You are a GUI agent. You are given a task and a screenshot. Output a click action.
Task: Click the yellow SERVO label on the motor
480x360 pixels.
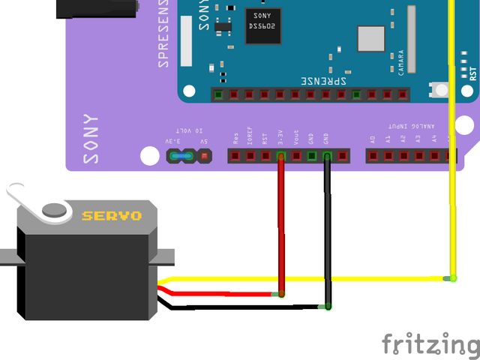pyautogui.click(x=112, y=216)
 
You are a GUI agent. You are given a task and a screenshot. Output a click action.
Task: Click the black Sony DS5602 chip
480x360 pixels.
pyautogui.click(x=262, y=26)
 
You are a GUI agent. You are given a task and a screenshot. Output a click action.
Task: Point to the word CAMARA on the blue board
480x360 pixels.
pyautogui.click(x=402, y=60)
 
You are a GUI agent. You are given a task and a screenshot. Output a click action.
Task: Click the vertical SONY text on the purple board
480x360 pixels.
pyautogui.click(x=91, y=139)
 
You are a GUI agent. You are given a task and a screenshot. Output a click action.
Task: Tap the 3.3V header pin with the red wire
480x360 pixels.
pyautogui.click(x=281, y=156)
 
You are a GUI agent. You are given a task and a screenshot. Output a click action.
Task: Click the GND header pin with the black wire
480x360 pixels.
pyautogui.click(x=327, y=156)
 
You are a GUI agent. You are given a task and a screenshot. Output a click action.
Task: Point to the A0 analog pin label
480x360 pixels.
pyautogui.click(x=373, y=139)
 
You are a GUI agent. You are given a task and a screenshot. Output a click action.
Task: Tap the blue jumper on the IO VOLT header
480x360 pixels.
pyautogui.click(x=178, y=156)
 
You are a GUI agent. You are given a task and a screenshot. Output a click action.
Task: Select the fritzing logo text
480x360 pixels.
pyautogui.click(x=430, y=344)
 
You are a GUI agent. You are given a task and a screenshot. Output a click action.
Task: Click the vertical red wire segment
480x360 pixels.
pyautogui.click(x=281, y=225)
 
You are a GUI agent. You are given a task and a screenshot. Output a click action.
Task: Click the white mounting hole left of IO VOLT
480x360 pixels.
pyautogui.click(x=150, y=156)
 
